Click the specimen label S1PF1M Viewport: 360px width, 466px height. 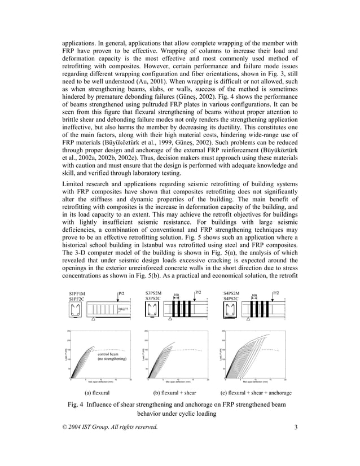click(77, 294)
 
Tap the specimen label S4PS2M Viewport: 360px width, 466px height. click(231, 293)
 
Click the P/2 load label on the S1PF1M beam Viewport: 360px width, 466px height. click(121, 293)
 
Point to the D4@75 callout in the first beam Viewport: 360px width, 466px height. click(122, 310)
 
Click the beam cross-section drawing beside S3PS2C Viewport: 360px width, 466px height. click(151, 310)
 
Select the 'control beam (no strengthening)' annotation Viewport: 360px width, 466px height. click(111, 357)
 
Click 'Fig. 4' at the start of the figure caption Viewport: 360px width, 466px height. click(77, 405)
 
